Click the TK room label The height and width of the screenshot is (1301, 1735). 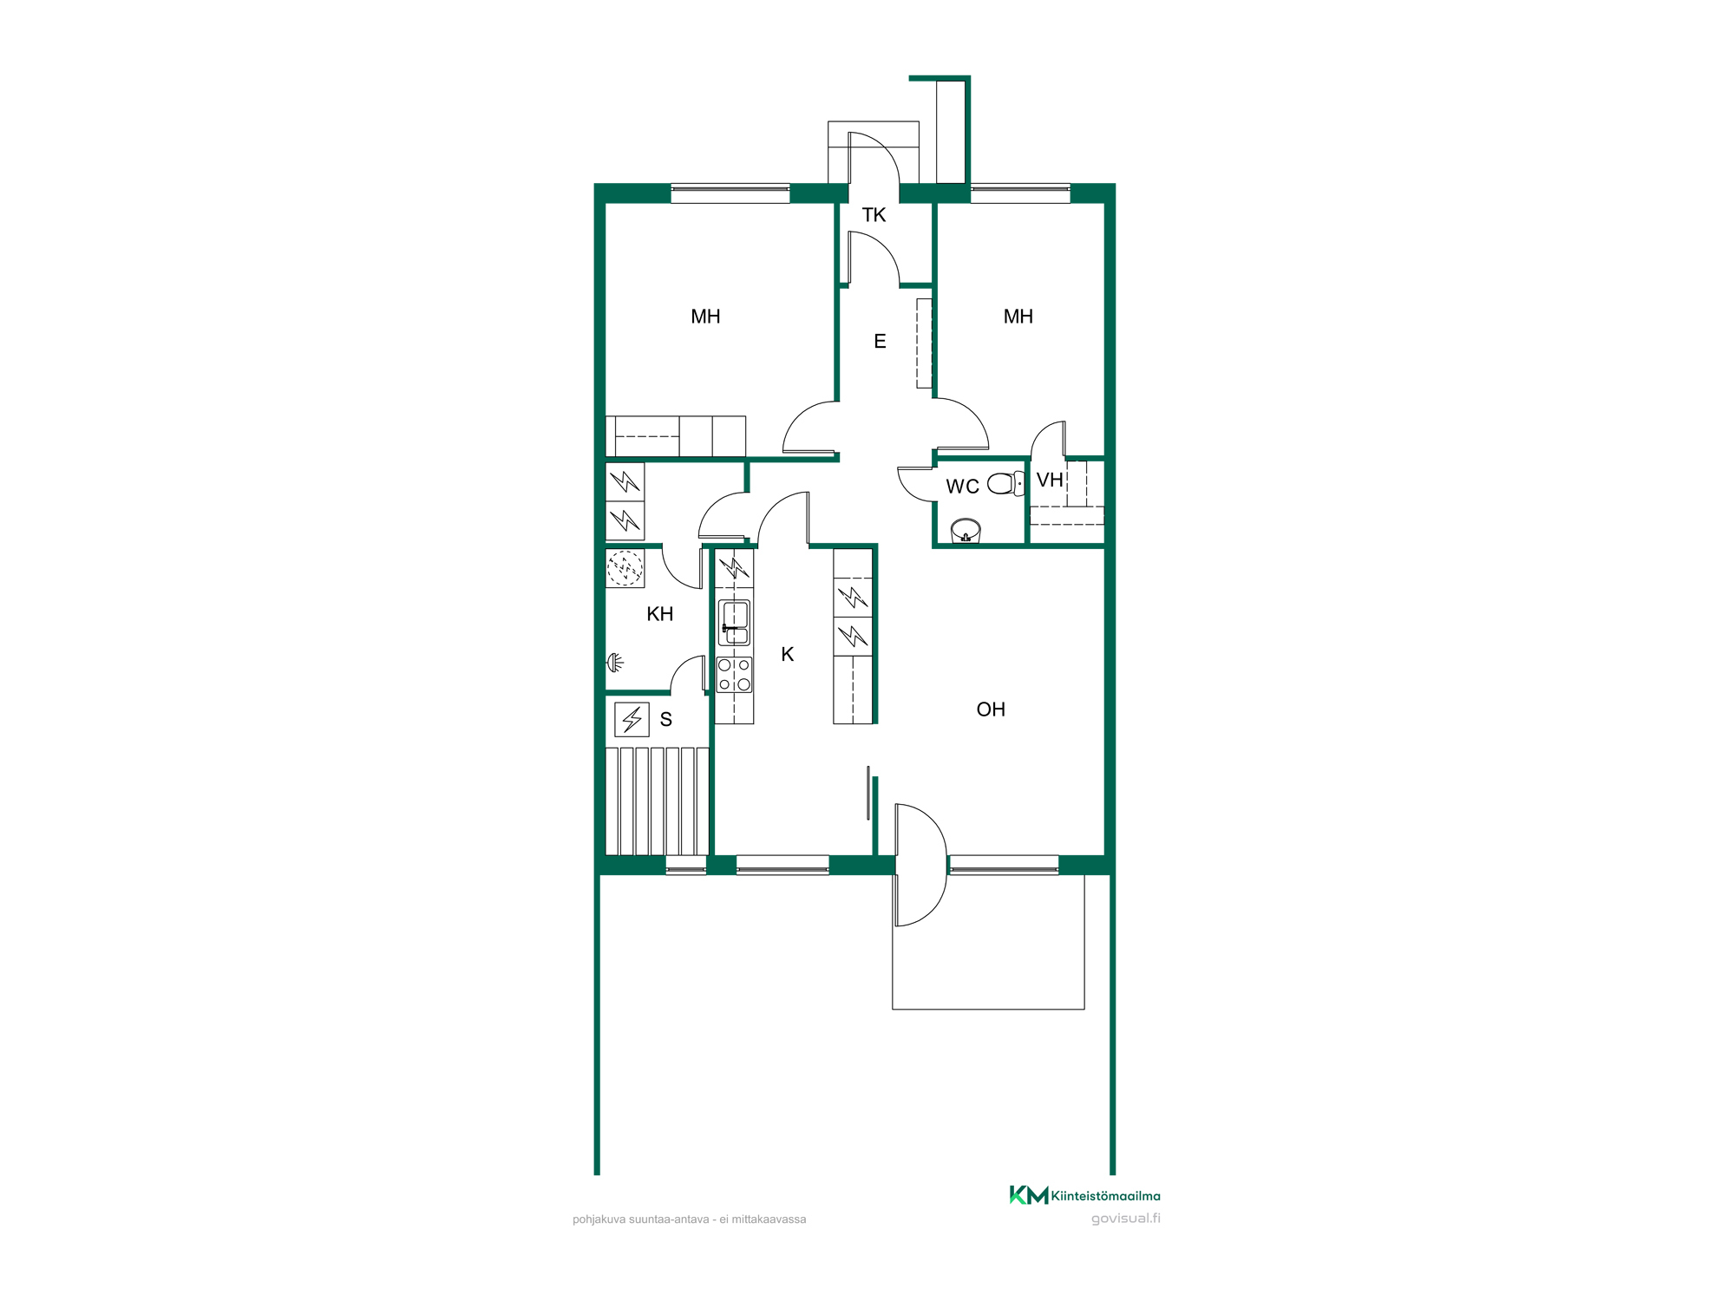pos(874,215)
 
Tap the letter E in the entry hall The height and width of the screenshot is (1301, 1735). pos(880,342)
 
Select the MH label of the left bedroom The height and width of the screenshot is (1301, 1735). pos(705,317)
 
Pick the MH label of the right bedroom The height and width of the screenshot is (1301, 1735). pos(1018,317)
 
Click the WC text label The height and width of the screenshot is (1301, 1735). pos(962,487)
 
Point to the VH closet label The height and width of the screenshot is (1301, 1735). pos(1050,480)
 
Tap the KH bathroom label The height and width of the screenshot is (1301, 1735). pos(660,614)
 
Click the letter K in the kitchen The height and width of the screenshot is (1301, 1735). pos(788,654)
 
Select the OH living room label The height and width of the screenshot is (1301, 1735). pos(991,709)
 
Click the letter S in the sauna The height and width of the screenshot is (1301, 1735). pos(666,719)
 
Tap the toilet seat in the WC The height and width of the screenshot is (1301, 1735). pos(1005,483)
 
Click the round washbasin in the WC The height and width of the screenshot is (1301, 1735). pos(966,530)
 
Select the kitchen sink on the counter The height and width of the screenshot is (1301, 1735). pos(735,623)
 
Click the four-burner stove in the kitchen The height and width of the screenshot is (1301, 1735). pos(734,675)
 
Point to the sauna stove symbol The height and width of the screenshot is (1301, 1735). pos(632,719)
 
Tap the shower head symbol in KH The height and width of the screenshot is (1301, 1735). pos(615,664)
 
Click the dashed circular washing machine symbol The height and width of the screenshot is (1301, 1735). pos(625,569)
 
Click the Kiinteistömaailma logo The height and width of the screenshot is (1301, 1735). pos(1084,1195)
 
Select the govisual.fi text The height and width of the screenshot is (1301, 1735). pos(1126,1219)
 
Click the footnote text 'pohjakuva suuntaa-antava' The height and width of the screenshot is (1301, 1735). pos(641,1219)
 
